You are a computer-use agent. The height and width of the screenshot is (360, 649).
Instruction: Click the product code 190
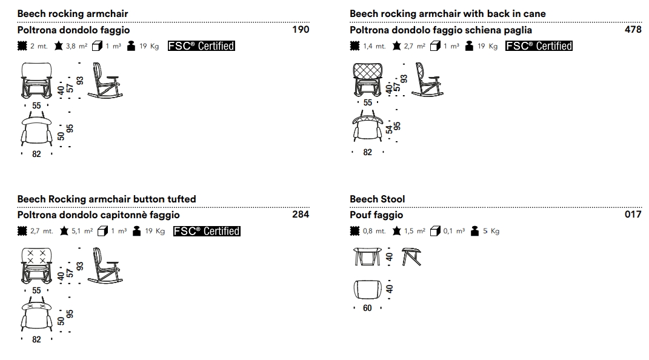pyautogui.click(x=301, y=29)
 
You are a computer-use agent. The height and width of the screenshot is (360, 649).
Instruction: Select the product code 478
pyautogui.click(x=633, y=29)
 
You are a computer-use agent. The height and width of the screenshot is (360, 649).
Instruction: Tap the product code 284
pyautogui.click(x=301, y=215)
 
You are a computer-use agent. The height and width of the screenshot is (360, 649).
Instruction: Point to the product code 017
pyautogui.click(x=633, y=215)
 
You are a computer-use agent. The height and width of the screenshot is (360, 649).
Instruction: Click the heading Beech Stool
pyautogui.click(x=377, y=199)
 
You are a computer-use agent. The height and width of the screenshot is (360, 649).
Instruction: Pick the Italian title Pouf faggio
pyautogui.click(x=376, y=215)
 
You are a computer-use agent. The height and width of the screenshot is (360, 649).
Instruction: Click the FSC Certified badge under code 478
pyautogui.click(x=539, y=46)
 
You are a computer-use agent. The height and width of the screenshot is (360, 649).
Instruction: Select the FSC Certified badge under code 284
pyautogui.click(x=207, y=231)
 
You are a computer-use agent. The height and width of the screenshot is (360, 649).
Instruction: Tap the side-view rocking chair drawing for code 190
pyautogui.click(x=105, y=81)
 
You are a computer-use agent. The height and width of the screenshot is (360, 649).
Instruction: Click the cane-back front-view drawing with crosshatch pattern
pyautogui.click(x=368, y=80)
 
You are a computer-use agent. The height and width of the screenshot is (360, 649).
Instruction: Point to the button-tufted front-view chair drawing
pyautogui.click(x=36, y=265)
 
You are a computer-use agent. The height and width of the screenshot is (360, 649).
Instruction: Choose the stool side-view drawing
pyautogui.click(x=411, y=256)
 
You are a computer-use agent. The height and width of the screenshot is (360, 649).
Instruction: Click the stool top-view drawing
pyautogui.click(x=368, y=289)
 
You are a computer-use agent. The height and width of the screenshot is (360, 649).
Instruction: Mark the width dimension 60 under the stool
pyautogui.click(x=367, y=308)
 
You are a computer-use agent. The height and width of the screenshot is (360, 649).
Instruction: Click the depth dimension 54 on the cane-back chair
pyautogui.click(x=389, y=130)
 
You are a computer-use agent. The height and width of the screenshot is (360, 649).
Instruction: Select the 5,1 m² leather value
pyautogui.click(x=82, y=231)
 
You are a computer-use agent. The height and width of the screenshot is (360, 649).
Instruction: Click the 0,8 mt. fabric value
pyautogui.click(x=374, y=231)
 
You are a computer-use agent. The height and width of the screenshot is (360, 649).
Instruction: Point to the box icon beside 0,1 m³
pyautogui.click(x=435, y=231)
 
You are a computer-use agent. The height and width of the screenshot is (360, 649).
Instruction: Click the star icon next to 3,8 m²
pyautogui.click(x=58, y=45)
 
